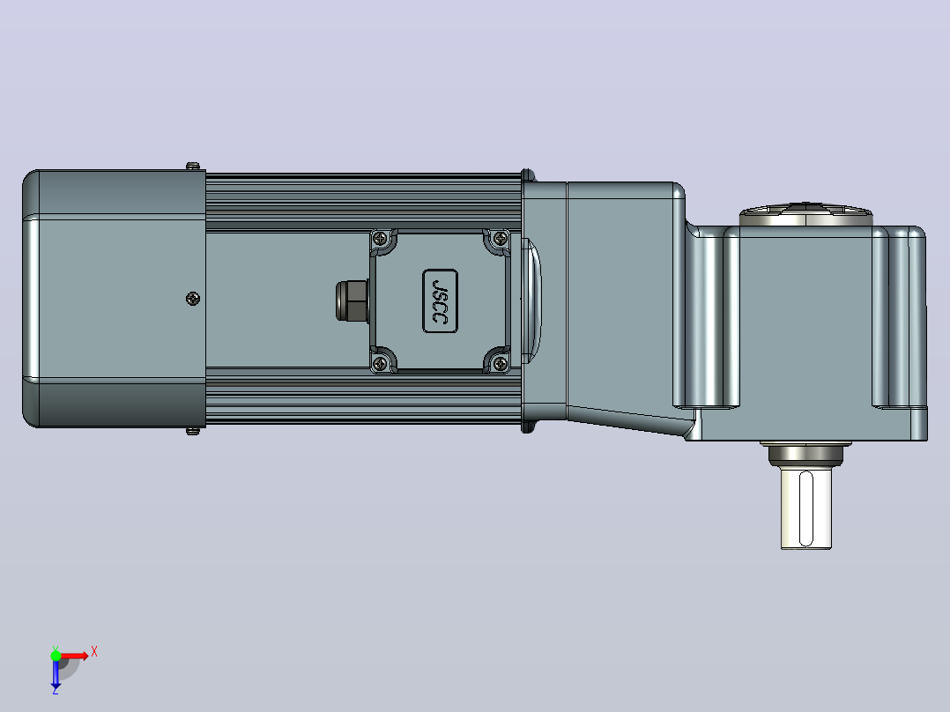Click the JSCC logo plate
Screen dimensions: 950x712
tap(440, 301)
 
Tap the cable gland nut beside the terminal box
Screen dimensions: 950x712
tap(352, 300)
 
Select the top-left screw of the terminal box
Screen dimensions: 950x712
tap(380, 239)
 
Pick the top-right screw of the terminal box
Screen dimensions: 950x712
tap(501, 239)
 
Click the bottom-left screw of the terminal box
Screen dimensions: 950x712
tap(380, 364)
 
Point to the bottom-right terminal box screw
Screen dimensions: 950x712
tap(501, 364)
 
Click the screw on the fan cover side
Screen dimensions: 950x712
tap(193, 299)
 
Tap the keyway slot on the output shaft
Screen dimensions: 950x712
tap(806, 509)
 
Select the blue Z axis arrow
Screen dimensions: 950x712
tap(56, 672)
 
